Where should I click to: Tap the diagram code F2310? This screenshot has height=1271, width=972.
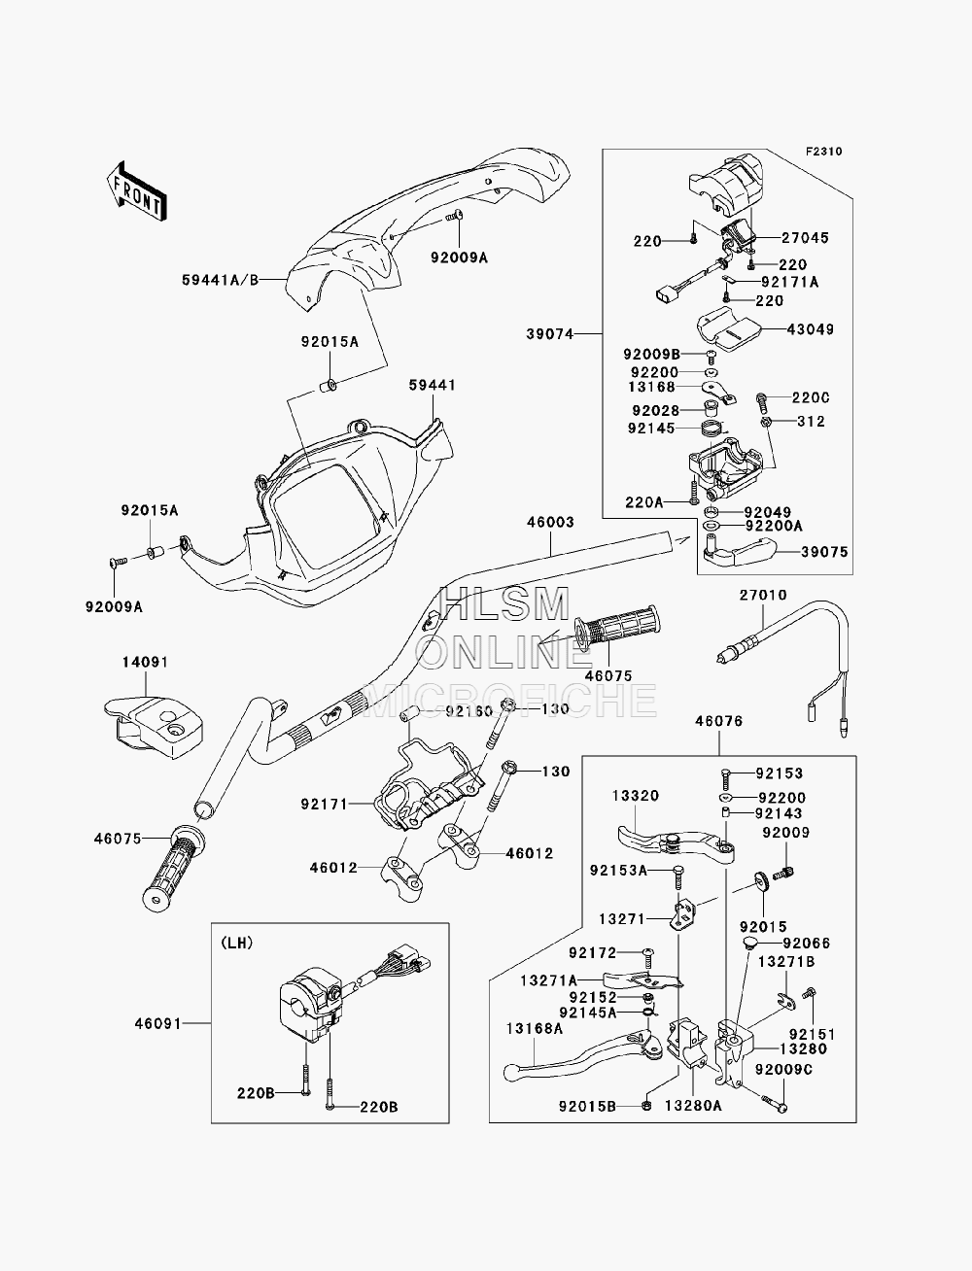823,152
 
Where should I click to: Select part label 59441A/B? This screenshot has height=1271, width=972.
220,280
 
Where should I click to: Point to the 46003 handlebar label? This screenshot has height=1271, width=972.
550,523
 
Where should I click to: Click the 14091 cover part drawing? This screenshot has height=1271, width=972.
154,727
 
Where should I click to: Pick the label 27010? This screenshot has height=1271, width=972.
763,596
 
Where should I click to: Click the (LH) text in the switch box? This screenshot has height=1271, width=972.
236,944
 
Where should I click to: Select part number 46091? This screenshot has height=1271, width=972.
158,1024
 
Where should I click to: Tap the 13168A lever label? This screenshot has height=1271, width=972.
534,1029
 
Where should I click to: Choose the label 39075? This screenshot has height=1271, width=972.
824,552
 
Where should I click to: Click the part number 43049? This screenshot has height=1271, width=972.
811,329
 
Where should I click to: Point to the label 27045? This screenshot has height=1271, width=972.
805,237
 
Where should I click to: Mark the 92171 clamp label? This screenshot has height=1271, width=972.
324,805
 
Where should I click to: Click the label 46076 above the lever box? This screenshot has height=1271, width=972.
719,721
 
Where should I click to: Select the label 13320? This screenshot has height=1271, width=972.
636,796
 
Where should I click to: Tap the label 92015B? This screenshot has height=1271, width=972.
587,1107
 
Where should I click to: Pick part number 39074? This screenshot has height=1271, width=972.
550,334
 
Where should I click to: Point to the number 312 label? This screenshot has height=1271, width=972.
811,422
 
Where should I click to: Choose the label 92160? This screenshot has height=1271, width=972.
469,710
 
